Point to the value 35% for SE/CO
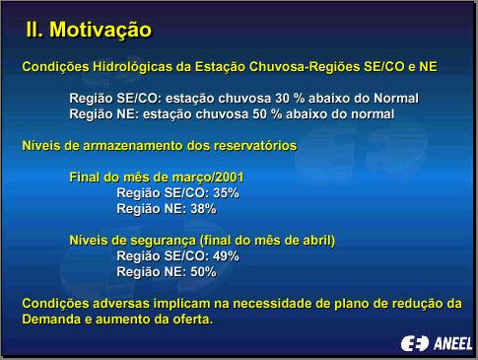pyautogui.click(x=226, y=192)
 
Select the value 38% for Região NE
pyautogui.click(x=203, y=208)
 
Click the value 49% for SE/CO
pyautogui.click(x=226, y=255)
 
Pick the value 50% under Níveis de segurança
pyautogui.click(x=203, y=271)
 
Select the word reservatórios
pyautogui.click(x=252, y=145)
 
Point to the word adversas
pyautogui.click(x=122, y=303)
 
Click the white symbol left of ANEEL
pyautogui.click(x=415, y=342)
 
